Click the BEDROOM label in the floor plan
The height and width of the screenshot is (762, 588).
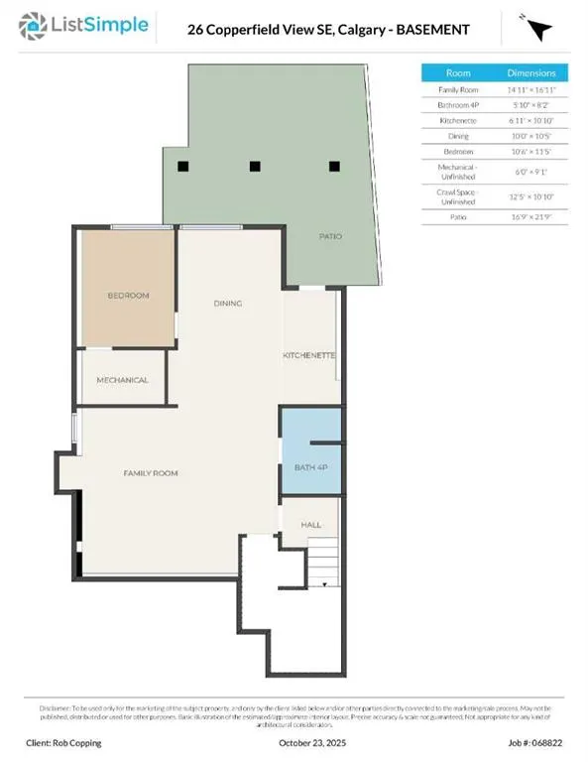(128, 296)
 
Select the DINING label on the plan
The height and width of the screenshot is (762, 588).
(228, 304)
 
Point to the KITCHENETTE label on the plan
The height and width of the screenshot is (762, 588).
(309, 355)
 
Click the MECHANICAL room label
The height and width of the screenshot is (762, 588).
(122, 380)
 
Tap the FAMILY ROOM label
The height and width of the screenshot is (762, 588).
(151, 473)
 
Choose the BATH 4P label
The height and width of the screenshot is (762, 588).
(309, 467)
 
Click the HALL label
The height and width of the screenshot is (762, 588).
(311, 524)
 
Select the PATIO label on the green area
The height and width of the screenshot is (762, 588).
(330, 237)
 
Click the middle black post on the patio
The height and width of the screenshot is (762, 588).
(255, 167)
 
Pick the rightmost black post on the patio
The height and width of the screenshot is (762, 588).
(334, 167)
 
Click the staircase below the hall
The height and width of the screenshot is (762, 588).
(320, 569)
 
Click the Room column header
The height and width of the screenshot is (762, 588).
(458, 73)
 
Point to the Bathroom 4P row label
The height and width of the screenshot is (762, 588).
(458, 104)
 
